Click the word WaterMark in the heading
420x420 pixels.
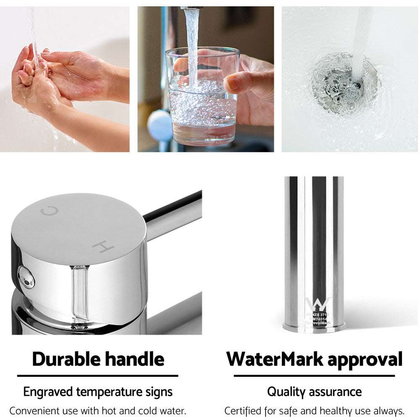coord(275,359)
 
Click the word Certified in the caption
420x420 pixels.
coord(242,411)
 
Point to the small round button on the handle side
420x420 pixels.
coord(25,277)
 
